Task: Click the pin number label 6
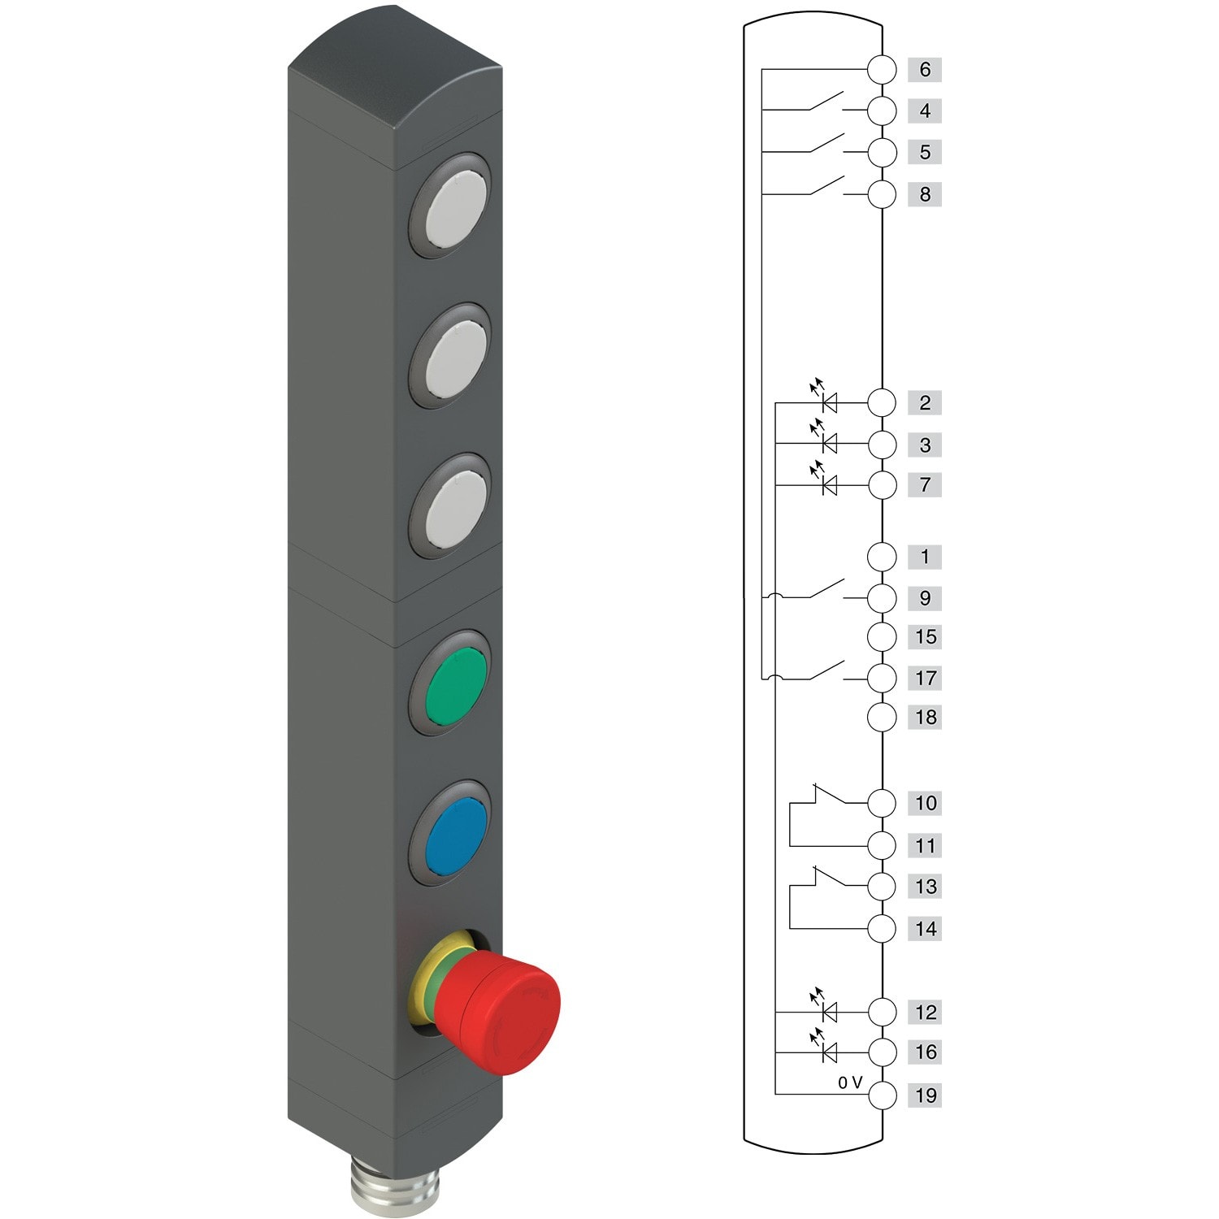point(924,70)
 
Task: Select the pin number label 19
point(925,1095)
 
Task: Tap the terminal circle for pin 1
point(882,557)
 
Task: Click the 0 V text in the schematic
point(849,1082)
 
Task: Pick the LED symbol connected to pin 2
point(829,401)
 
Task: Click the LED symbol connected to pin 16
point(829,1053)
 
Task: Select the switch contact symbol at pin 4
point(826,102)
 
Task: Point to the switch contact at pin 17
point(826,671)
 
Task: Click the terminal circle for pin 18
point(882,718)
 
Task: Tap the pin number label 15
point(925,637)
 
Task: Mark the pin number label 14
point(925,929)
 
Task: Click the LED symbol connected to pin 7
point(829,485)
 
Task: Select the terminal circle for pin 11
point(882,845)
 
